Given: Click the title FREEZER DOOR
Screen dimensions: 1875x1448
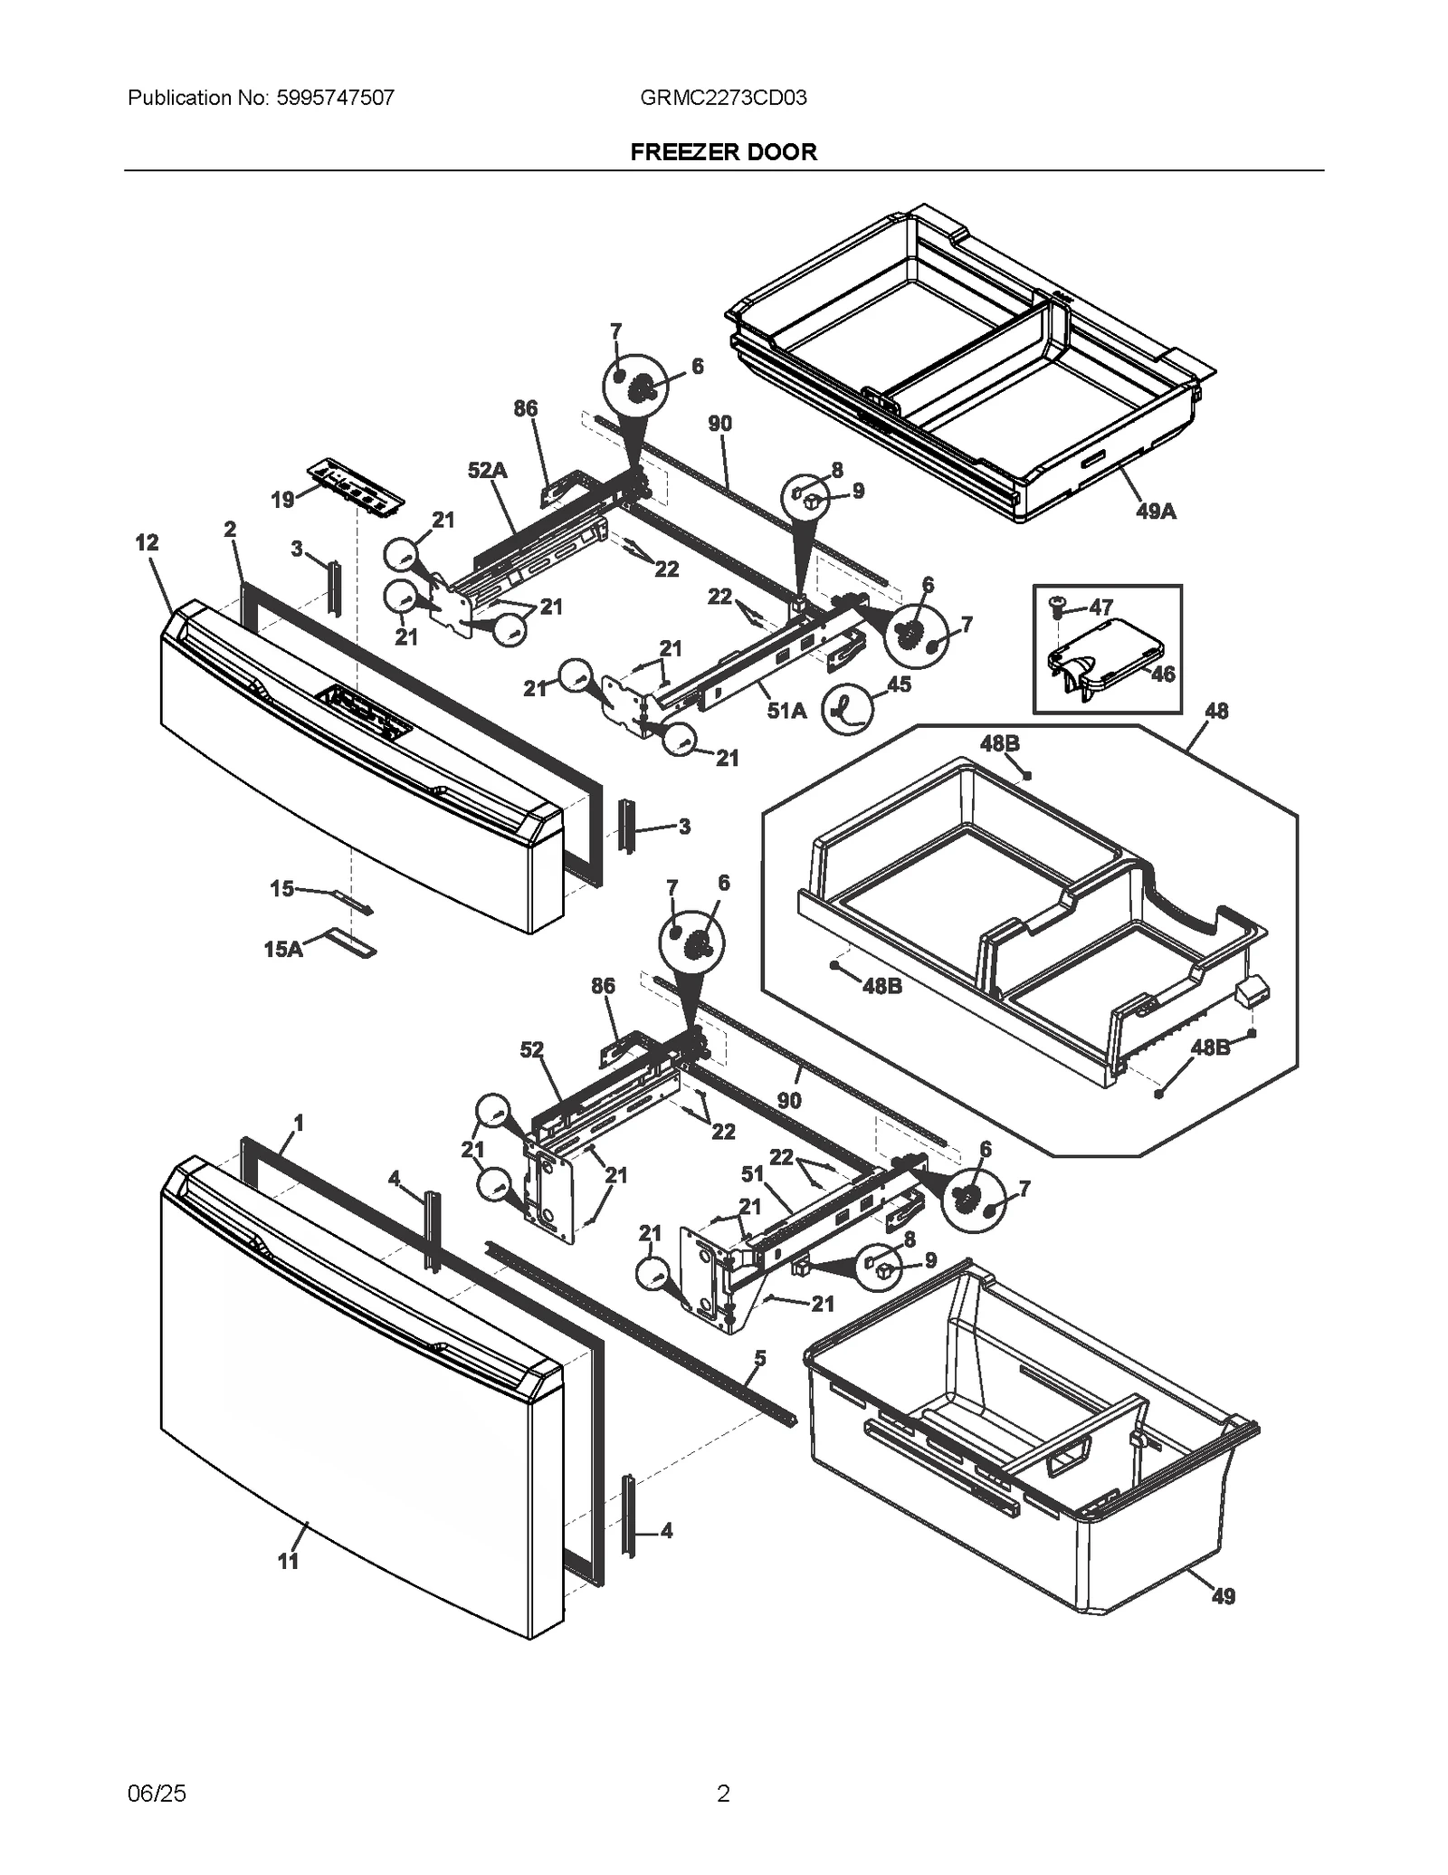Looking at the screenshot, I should [x=723, y=152].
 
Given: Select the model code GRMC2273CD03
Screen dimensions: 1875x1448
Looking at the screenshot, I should [x=723, y=98].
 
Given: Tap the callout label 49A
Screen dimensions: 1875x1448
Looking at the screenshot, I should [x=1156, y=512].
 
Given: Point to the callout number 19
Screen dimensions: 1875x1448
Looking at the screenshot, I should [x=282, y=500].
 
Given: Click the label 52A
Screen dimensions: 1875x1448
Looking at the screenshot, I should [x=487, y=470].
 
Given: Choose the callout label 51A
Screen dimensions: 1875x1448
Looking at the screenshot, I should [x=786, y=711].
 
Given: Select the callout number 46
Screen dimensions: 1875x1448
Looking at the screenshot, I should [x=1163, y=674].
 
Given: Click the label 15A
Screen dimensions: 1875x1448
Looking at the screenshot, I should [x=283, y=949].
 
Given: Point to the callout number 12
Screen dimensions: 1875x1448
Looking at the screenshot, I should [x=147, y=542].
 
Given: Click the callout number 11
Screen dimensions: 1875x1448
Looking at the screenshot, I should [x=288, y=1561].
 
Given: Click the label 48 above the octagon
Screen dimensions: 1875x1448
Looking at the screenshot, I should [x=1216, y=711].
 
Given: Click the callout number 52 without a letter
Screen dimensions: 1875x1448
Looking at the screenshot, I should [x=531, y=1049].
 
